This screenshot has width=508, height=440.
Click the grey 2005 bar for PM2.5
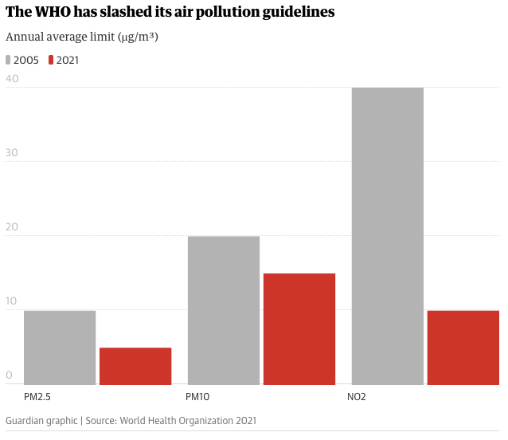pyautogui.click(x=60, y=348)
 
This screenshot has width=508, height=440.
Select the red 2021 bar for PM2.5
pyautogui.click(x=135, y=366)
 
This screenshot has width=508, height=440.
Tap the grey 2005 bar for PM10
pyautogui.click(x=224, y=310)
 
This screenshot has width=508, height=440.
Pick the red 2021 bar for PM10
pyautogui.click(x=299, y=328)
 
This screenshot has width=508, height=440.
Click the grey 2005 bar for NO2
pyautogui.click(x=387, y=236)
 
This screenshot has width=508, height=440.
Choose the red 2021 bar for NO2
pyautogui.click(x=463, y=348)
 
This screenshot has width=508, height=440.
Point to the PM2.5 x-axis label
pyautogui.click(x=37, y=396)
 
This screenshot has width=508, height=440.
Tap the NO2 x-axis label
pyautogui.click(x=358, y=396)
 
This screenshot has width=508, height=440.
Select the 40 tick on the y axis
pyautogui.click(x=12, y=79)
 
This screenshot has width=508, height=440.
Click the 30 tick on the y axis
pyautogui.click(x=12, y=153)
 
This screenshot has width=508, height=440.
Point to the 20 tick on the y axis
pyautogui.click(x=12, y=227)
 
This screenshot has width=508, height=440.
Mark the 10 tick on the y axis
pyautogui.click(x=12, y=301)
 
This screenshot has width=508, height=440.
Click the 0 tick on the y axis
pyautogui.click(x=10, y=375)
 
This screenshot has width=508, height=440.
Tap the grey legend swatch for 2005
pyautogui.click(x=9, y=60)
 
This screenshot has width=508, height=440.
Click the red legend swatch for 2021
pyautogui.click(x=52, y=60)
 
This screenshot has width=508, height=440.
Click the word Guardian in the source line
pyautogui.click(x=26, y=420)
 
